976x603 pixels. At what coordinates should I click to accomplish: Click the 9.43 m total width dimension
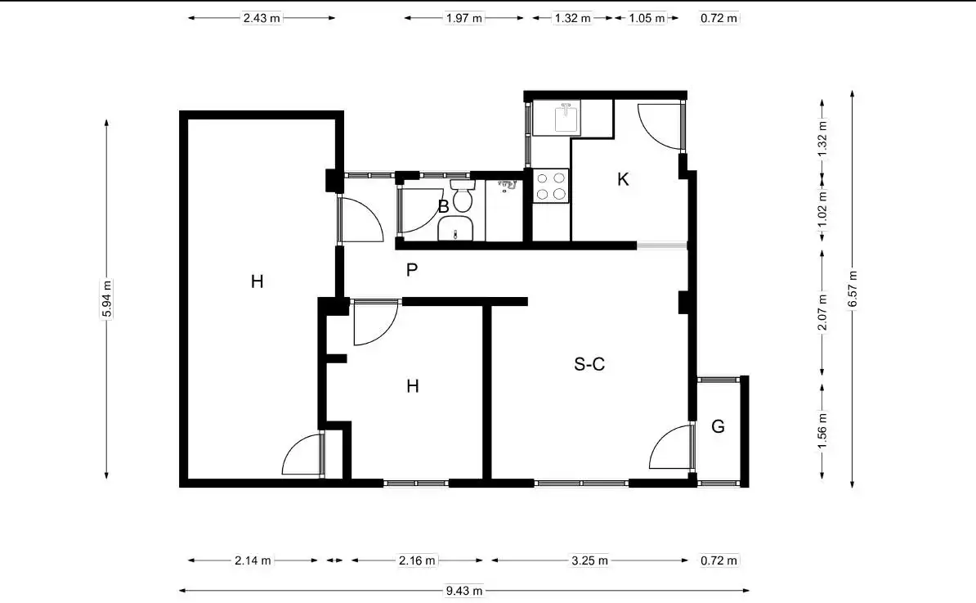[464, 591]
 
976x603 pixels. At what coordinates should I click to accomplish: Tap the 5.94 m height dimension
[107, 299]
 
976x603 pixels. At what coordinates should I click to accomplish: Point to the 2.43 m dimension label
[262, 18]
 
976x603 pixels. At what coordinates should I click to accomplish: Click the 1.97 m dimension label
[464, 18]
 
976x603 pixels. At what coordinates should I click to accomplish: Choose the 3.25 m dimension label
[590, 560]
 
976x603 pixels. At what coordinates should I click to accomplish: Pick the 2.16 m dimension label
[417, 560]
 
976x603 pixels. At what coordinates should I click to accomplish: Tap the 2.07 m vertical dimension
[822, 312]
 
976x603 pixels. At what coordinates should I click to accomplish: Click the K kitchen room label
[623, 179]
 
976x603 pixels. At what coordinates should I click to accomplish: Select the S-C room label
[589, 364]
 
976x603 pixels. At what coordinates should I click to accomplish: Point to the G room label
[718, 427]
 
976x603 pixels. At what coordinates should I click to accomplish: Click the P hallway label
[411, 270]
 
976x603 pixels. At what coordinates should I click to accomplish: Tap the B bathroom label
[443, 207]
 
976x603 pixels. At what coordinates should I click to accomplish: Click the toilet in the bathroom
[462, 196]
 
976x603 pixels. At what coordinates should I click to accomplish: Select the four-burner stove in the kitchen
[551, 186]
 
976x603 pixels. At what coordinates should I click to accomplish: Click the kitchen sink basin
[566, 118]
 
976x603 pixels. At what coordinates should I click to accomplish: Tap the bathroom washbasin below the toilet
[455, 228]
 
